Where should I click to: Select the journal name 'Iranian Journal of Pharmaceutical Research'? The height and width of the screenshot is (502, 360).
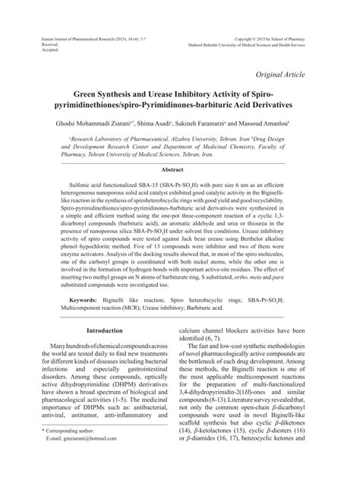[x=87, y=36]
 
